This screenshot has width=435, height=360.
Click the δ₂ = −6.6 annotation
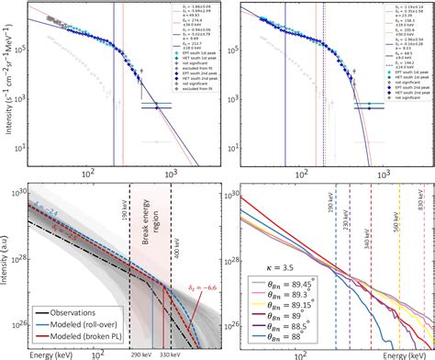(184, 292)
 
